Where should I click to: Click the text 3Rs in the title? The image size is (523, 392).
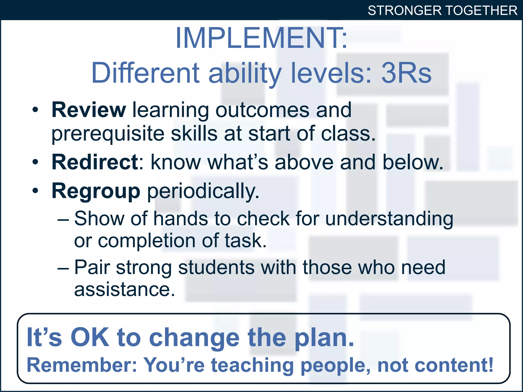406,73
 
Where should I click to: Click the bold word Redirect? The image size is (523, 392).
95,162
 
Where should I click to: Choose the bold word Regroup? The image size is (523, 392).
96,191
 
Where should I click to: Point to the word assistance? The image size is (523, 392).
124,290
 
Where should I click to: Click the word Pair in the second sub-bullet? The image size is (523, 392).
92,267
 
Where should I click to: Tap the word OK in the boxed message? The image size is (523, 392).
90,337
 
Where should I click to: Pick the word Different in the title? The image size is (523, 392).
146,73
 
